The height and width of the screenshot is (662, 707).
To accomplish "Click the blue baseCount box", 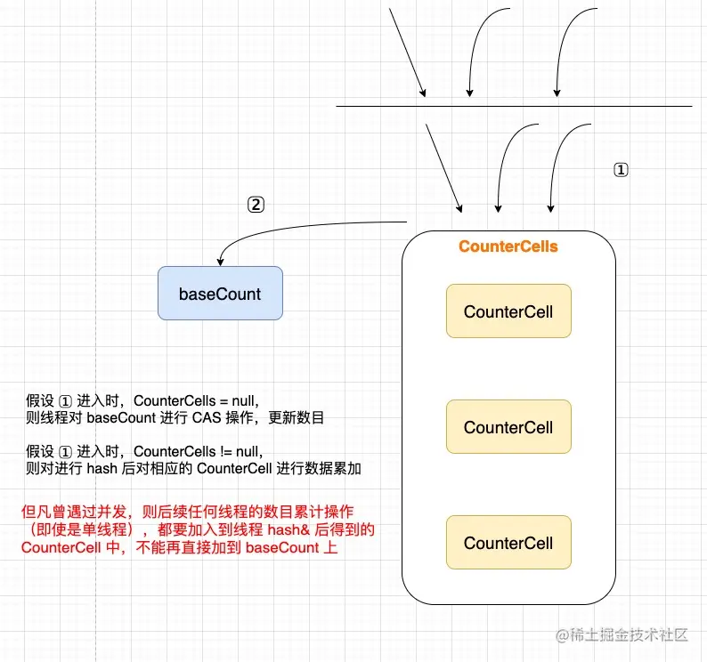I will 220,294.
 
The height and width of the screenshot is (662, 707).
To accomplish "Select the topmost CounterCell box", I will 508,311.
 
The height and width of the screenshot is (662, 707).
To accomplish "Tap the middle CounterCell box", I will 508,427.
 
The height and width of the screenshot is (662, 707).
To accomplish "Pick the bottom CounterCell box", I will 508,543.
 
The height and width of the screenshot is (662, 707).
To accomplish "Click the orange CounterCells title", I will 508,246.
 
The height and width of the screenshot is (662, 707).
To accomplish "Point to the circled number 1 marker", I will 622,170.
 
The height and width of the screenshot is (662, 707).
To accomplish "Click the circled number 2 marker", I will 256,205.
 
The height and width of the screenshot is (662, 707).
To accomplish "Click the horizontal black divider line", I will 514,107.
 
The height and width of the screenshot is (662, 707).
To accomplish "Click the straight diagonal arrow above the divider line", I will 408,53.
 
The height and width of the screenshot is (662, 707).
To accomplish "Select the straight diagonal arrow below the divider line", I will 443,167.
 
